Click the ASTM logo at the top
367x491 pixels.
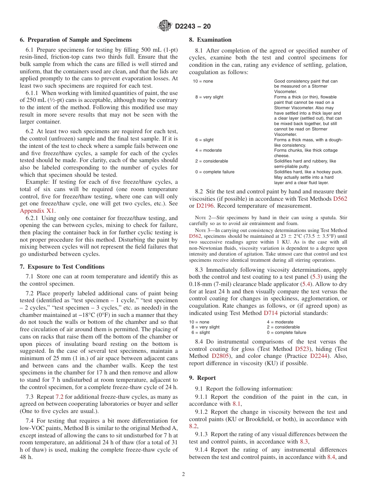(165, 26)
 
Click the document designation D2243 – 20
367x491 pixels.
(192, 27)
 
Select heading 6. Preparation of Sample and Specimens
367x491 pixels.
(76, 40)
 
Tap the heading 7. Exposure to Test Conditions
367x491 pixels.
(62, 267)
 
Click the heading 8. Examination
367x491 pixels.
(210, 40)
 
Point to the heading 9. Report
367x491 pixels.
(202, 378)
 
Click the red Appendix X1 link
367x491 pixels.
(37, 211)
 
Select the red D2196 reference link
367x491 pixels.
(207, 206)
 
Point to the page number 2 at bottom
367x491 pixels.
(183, 474)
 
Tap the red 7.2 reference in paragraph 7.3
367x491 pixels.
(60, 397)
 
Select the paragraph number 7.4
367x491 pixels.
(31, 420)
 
